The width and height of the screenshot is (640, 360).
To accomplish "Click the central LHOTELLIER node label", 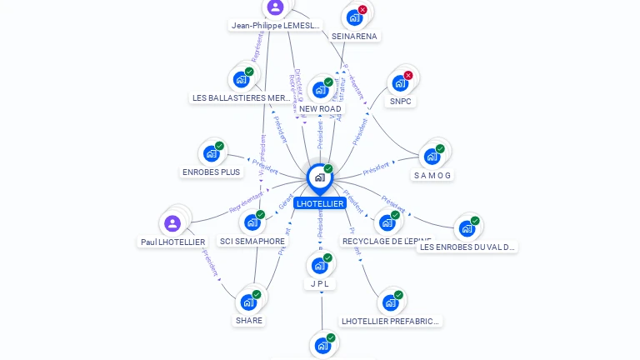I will (x=319, y=203).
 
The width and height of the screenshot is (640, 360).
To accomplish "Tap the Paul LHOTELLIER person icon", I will (x=172, y=223).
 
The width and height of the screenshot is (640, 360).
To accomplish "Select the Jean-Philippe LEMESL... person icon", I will (x=275, y=7).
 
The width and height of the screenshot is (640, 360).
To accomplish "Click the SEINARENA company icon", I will (x=354, y=17).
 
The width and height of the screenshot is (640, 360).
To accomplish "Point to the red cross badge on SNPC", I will (x=408, y=75).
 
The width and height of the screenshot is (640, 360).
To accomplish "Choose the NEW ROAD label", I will (x=320, y=109).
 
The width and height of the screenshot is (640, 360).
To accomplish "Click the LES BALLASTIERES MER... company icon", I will (x=241, y=80).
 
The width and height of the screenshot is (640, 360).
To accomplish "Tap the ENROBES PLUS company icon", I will (x=211, y=154).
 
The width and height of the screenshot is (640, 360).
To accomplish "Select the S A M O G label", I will (x=432, y=176).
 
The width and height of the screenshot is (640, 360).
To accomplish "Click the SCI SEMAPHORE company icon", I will (x=252, y=222).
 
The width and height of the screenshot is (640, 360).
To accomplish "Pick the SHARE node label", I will (x=248, y=320).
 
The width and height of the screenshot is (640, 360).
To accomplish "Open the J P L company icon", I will (x=319, y=267).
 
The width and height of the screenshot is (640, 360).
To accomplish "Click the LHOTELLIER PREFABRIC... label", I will (x=391, y=321).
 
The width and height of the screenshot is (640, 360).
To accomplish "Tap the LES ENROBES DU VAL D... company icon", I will (x=466, y=228).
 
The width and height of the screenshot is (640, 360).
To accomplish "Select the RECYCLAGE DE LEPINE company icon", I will (x=387, y=222).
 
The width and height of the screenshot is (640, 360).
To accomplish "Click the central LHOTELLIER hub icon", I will (x=319, y=177).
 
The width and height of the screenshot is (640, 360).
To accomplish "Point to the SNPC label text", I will (x=400, y=102).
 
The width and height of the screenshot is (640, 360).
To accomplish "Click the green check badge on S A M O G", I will (x=440, y=148).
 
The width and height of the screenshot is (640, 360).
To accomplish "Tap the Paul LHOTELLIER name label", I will (x=172, y=242).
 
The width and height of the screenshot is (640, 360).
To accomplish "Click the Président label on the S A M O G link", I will (x=376, y=168).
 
